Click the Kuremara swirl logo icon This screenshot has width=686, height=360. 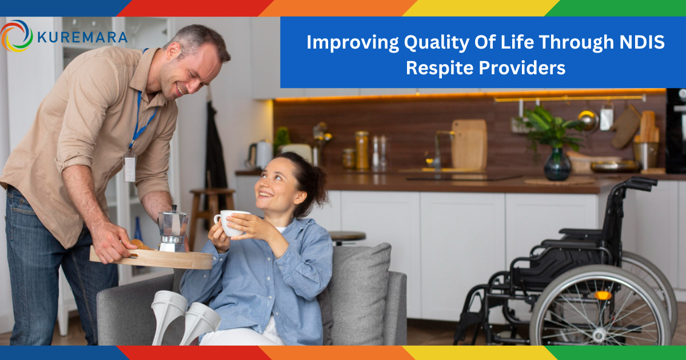click(16, 36)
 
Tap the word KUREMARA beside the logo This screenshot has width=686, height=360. click(82, 37)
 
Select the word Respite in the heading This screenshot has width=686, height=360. click(440, 67)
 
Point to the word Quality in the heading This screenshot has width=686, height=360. click(436, 43)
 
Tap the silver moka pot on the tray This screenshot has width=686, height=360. click(173, 229)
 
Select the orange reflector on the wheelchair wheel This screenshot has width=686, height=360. click(603, 295)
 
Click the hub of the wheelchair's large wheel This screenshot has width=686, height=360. click(599, 335)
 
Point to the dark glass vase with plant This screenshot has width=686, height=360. click(557, 165)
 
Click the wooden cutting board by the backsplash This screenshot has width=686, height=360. click(469, 145)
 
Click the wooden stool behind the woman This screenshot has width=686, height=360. click(211, 214)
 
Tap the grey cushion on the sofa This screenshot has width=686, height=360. click(358, 294)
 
